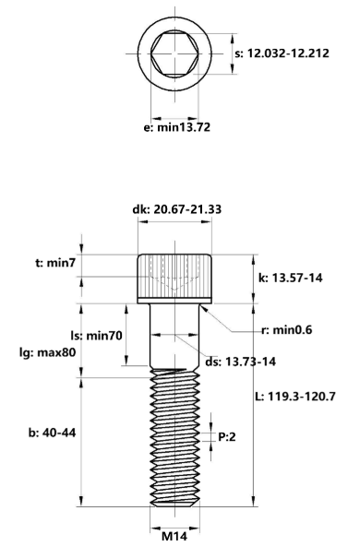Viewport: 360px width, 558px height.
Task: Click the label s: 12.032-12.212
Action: pyautogui.click(x=282, y=53)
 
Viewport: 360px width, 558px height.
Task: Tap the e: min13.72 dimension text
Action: pyautogui.click(x=176, y=127)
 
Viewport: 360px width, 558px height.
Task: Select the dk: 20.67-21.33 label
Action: pyautogui.click(x=176, y=209)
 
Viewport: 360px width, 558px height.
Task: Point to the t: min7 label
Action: pyautogui.click(x=55, y=263)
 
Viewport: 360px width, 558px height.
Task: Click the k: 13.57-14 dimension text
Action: pyautogui.click(x=290, y=278)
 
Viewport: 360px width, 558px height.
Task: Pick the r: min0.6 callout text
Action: pyautogui.click(x=287, y=330)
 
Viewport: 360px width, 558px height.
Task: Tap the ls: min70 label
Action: pyautogui.click(x=96, y=335)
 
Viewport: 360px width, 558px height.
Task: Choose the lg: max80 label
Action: pyautogui.click(x=47, y=352)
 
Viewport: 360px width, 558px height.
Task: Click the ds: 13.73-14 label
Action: pyautogui.click(x=240, y=362)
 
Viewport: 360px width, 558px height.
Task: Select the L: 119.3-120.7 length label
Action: pyautogui.click(x=295, y=396)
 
